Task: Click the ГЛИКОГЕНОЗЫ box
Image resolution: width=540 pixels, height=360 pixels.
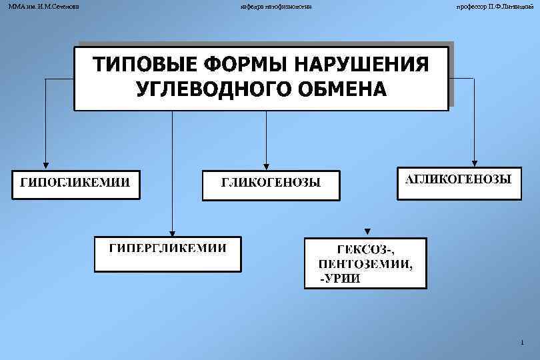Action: point(271,183)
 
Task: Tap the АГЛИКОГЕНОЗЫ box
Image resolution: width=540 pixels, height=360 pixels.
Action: point(459,181)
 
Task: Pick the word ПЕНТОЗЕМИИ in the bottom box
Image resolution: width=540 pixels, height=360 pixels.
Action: point(365,263)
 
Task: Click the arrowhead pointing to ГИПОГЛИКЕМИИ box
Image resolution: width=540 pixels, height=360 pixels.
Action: point(45,163)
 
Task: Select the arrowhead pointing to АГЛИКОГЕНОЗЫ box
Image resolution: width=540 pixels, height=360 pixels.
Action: point(474,161)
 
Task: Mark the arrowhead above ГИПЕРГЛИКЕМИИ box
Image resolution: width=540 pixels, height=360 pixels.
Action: point(172,231)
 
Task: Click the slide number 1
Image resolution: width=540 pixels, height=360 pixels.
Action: point(522,343)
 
